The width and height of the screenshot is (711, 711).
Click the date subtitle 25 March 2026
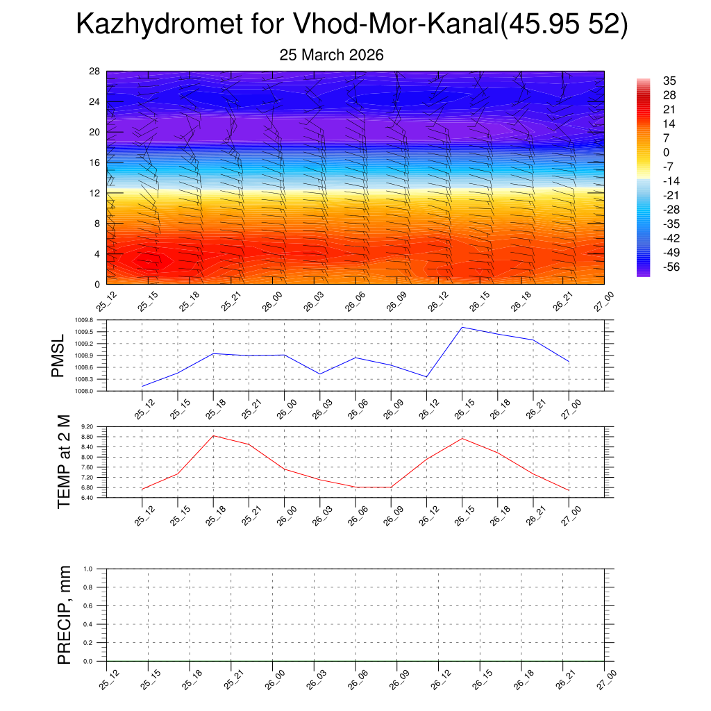(331, 55)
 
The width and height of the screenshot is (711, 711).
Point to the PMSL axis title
(58, 355)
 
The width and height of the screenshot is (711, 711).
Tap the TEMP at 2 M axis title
(64, 462)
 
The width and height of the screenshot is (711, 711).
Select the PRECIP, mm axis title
(64, 614)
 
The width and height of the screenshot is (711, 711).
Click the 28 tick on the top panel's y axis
(95, 72)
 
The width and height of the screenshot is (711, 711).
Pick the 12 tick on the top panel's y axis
(95, 193)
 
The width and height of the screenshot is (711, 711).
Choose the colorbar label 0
(667, 152)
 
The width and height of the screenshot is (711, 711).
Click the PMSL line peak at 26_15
(462, 327)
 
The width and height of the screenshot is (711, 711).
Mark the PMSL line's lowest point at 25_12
(142, 386)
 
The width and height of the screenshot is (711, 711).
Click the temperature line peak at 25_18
(214, 435)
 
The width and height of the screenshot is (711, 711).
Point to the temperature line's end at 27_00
(569, 491)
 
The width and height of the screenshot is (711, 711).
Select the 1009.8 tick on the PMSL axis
(92, 320)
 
